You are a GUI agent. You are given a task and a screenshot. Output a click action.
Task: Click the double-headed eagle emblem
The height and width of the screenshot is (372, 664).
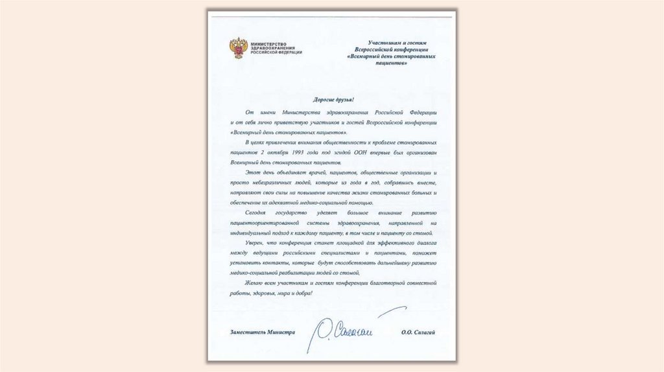point(237,49)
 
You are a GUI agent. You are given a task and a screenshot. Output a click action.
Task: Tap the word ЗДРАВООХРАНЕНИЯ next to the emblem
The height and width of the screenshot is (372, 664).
point(273,48)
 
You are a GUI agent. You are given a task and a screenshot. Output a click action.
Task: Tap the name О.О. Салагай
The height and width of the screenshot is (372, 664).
point(418,332)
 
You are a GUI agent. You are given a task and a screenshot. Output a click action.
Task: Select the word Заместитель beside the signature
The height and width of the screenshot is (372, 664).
point(252,332)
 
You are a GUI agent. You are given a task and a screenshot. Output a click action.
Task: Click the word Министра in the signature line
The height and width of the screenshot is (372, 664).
point(284,332)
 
